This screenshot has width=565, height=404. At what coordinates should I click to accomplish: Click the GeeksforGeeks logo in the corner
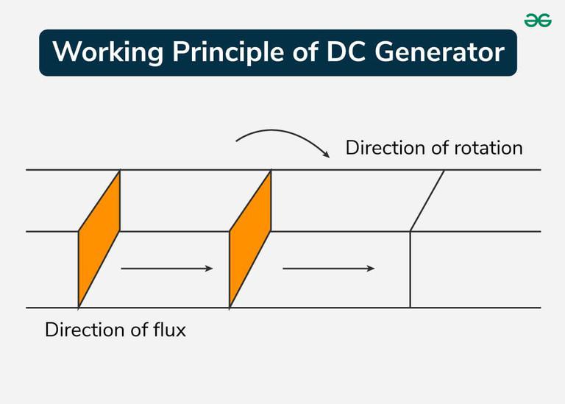538,21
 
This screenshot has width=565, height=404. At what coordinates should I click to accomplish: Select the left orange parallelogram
99,238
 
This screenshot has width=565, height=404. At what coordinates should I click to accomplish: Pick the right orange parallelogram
250,238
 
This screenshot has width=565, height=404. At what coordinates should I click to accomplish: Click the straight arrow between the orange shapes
166,269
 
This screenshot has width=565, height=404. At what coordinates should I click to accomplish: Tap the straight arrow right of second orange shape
328,269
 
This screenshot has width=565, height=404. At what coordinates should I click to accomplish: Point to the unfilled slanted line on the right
427,201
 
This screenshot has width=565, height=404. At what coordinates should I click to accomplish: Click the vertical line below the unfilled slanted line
410,270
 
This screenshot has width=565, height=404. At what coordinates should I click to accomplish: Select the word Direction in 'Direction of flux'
82,330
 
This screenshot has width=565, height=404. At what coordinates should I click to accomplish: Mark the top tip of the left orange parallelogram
119,171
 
